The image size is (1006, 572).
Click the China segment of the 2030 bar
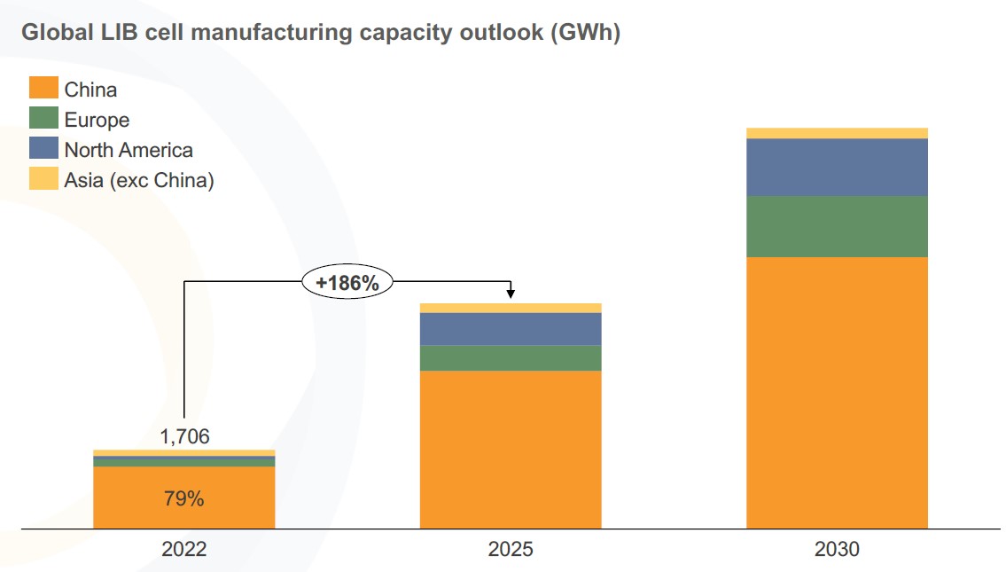[x=837, y=392]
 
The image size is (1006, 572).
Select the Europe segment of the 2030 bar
[x=837, y=226]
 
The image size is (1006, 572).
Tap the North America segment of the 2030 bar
[x=837, y=167]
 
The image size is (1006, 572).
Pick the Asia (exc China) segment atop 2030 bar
[x=837, y=133]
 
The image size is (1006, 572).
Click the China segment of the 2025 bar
[x=511, y=449]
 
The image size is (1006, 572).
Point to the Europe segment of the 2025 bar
[x=511, y=357]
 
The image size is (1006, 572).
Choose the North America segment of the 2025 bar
[x=511, y=328]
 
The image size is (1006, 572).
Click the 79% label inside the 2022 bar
[x=183, y=498]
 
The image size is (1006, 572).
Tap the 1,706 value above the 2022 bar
[x=184, y=435]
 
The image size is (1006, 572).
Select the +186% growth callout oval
[x=347, y=283]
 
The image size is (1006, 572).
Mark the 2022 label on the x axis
[x=183, y=550]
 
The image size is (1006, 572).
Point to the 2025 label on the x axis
[x=511, y=550]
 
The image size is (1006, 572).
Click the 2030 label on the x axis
[x=837, y=550]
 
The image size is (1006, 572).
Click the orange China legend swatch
[x=43, y=89]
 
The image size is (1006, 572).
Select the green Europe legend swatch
[x=43, y=119]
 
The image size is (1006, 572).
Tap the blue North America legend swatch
[x=43, y=149]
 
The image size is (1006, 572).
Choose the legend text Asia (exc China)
[x=139, y=180]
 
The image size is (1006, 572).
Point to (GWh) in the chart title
[x=584, y=33]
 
